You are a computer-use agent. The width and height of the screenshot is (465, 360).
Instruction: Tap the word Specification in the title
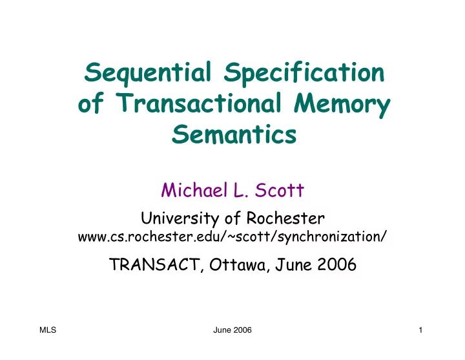[x=304, y=76]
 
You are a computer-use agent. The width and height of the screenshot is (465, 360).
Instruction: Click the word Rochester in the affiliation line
[x=287, y=218]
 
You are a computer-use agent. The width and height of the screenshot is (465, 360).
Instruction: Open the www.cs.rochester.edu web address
[x=232, y=237]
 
